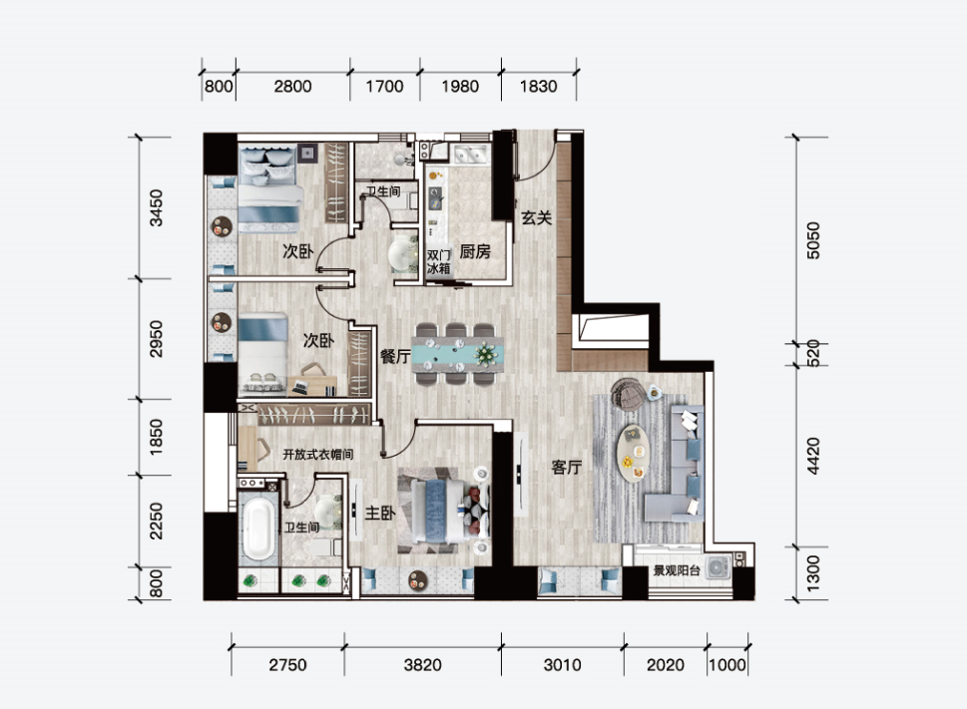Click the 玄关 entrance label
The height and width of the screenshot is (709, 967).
[x=537, y=217]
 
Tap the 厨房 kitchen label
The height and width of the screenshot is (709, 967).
[x=475, y=251]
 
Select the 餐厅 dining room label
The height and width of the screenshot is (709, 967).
[x=395, y=355]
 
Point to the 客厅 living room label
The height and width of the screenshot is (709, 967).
[x=566, y=467]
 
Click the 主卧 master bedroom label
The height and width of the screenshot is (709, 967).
[x=380, y=513]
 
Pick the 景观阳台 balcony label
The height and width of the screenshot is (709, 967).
[x=677, y=571]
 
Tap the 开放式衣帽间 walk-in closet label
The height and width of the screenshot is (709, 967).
[x=318, y=455]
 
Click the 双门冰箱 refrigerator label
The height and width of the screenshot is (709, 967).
[x=438, y=262]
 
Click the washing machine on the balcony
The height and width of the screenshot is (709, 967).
[x=718, y=567]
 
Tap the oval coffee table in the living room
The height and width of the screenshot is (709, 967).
[x=634, y=454]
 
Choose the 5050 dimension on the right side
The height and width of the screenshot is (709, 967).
[x=813, y=240]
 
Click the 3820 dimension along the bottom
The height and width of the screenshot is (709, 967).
[x=422, y=665]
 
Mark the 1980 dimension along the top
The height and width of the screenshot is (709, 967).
[x=460, y=86]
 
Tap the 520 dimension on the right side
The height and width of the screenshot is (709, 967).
[x=813, y=354]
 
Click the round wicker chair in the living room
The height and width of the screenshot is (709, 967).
[x=627, y=394]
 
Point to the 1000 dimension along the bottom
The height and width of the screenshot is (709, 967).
[x=727, y=665]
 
